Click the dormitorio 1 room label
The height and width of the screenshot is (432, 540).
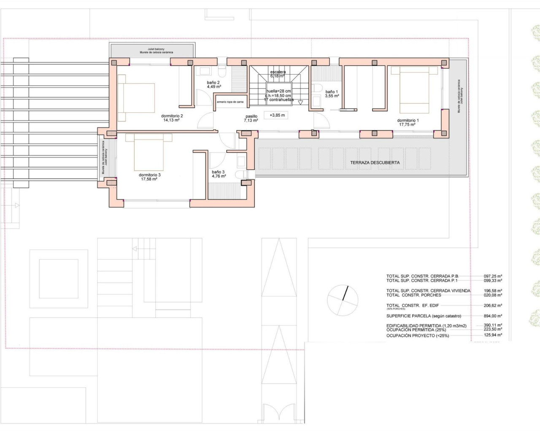(x=408, y=122)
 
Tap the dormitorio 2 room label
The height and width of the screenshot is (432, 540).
(x=172, y=118)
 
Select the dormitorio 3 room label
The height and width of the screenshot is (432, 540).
(x=149, y=177)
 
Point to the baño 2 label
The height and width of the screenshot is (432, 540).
(x=213, y=84)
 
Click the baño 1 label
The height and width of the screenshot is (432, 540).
(x=331, y=94)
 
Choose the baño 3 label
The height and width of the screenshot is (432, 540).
(x=219, y=174)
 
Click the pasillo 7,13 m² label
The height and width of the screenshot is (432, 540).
(x=251, y=119)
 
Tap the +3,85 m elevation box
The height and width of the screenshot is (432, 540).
(x=277, y=115)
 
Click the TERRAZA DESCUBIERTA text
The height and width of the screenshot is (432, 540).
(x=375, y=162)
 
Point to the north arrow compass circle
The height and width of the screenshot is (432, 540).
(x=343, y=300)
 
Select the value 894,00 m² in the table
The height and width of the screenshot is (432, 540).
(x=492, y=316)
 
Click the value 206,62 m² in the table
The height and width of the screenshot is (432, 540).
(x=492, y=305)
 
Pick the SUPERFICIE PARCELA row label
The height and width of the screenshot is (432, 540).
(x=424, y=316)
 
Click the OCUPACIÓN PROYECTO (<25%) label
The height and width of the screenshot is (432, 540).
(x=418, y=336)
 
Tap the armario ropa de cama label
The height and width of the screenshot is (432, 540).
(x=230, y=102)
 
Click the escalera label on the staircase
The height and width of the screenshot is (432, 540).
(x=278, y=72)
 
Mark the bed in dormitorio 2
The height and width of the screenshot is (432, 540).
(x=136, y=97)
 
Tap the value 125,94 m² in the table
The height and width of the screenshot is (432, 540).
(x=492, y=335)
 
